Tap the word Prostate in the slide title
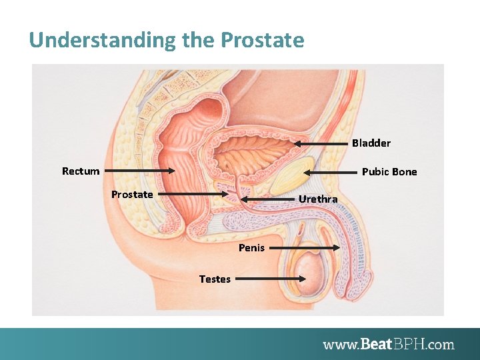(262, 41)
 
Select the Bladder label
(371, 143)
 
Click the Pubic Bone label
(389, 172)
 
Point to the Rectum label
(81, 171)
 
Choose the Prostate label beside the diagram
(132, 195)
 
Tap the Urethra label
(318, 199)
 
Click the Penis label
(251, 248)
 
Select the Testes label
(215, 279)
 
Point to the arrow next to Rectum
(140, 171)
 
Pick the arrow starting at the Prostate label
(195, 195)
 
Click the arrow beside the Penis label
(305, 248)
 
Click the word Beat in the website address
(377, 345)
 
